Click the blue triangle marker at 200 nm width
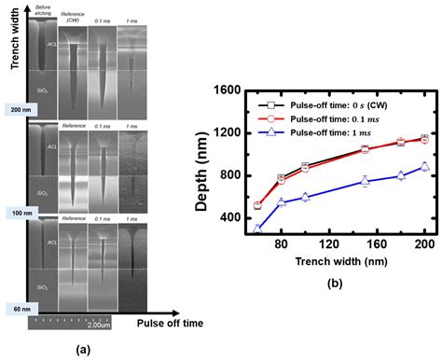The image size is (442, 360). [x=424, y=166]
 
